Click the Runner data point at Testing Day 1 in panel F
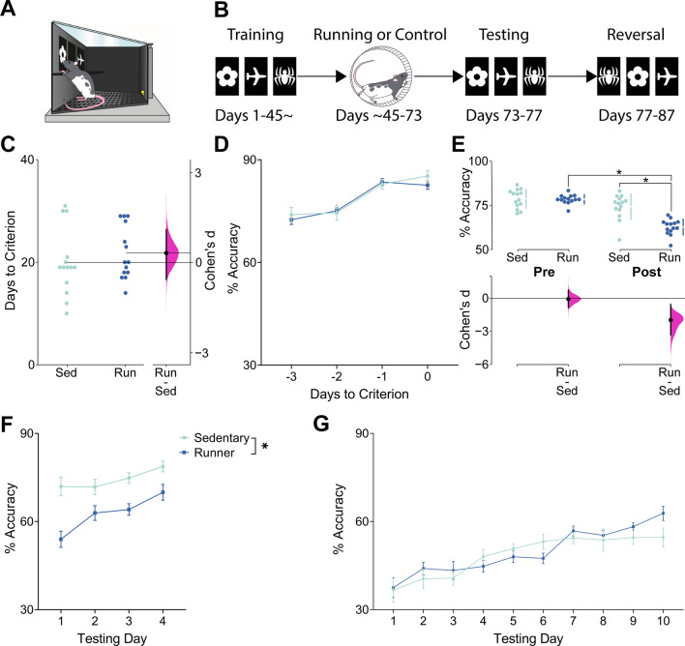pyautogui.click(x=61, y=540)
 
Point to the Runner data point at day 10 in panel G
pyautogui.click(x=663, y=513)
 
